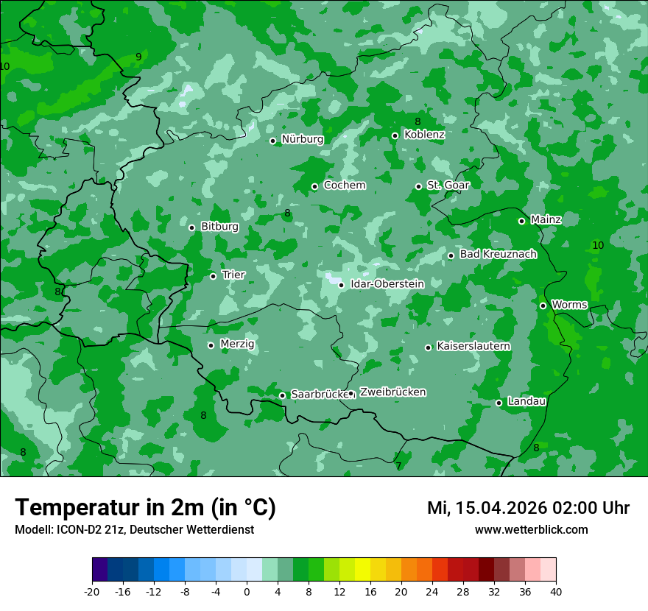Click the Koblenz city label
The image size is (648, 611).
click(x=424, y=135)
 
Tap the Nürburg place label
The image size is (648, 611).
click(x=302, y=139)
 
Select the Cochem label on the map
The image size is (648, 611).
click(x=344, y=186)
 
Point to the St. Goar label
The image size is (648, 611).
click(x=448, y=185)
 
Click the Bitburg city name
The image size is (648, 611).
click(x=219, y=227)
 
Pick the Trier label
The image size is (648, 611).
click(x=233, y=275)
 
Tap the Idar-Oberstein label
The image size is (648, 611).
click(x=387, y=284)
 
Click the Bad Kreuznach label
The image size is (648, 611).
click(x=498, y=254)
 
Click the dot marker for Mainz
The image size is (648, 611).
click(x=521, y=221)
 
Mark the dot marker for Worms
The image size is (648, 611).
click(x=543, y=305)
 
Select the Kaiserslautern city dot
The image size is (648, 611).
click(x=428, y=347)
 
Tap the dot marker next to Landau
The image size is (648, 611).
click(x=499, y=403)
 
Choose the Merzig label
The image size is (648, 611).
click(x=237, y=344)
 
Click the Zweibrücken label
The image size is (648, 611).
click(x=392, y=392)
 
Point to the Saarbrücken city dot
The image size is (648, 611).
click(x=282, y=395)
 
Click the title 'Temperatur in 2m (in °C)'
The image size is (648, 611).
click(x=145, y=508)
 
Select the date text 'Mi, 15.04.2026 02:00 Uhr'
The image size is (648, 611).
click(x=528, y=508)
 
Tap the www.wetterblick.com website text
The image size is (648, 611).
click(x=531, y=530)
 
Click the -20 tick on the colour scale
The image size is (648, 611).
click(x=92, y=592)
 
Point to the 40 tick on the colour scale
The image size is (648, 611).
click(x=556, y=592)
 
